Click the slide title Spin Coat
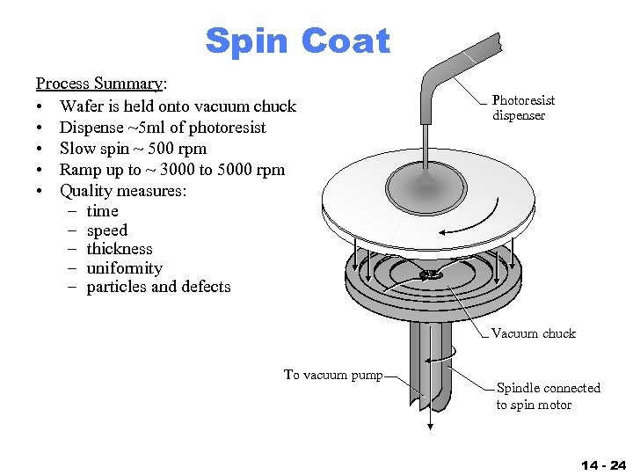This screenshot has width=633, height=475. (x=296, y=40)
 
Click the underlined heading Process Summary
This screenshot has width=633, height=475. (x=98, y=84)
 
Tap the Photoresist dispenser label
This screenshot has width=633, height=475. (x=523, y=108)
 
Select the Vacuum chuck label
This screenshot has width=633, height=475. (x=533, y=333)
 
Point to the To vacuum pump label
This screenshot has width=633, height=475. (x=333, y=375)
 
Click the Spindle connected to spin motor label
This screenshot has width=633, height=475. (x=548, y=396)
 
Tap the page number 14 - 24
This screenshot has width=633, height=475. (x=603, y=464)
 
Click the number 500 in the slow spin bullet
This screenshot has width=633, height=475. (x=172, y=149)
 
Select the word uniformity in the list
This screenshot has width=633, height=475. (x=124, y=268)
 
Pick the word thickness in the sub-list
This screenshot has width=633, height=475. (x=120, y=249)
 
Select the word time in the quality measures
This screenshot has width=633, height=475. (x=102, y=211)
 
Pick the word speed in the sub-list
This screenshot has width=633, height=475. (x=106, y=230)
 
